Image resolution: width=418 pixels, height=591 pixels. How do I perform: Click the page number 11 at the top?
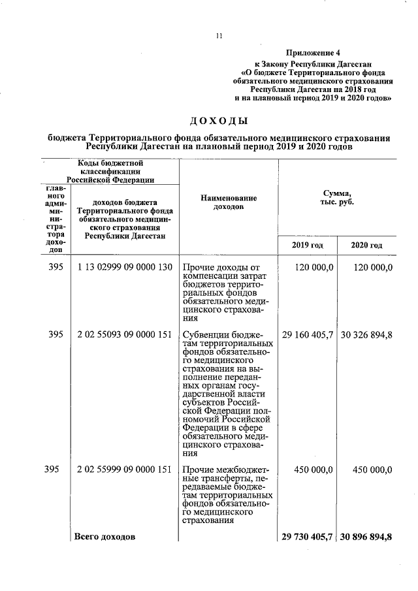(x=219, y=37)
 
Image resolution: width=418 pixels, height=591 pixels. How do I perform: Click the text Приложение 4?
(x=313, y=52)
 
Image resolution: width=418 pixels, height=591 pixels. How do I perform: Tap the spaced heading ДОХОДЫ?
(x=219, y=121)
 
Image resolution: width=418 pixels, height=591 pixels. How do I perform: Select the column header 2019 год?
(x=307, y=245)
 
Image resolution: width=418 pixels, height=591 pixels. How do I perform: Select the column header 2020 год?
(x=366, y=245)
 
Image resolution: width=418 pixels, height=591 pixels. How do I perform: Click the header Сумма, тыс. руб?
(x=337, y=198)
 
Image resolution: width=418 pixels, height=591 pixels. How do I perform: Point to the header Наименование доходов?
(x=228, y=202)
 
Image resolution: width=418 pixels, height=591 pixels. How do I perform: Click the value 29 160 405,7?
(x=308, y=334)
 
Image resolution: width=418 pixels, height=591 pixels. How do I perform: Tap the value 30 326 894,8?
(x=366, y=334)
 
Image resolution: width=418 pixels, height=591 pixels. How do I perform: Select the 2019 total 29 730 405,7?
(x=308, y=537)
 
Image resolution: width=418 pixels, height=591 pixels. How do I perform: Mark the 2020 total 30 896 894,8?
(x=366, y=537)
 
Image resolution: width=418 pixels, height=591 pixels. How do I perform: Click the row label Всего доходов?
(x=104, y=537)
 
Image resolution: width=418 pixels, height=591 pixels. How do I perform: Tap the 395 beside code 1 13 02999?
(x=56, y=268)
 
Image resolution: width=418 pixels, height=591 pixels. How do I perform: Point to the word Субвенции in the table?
(x=206, y=334)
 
